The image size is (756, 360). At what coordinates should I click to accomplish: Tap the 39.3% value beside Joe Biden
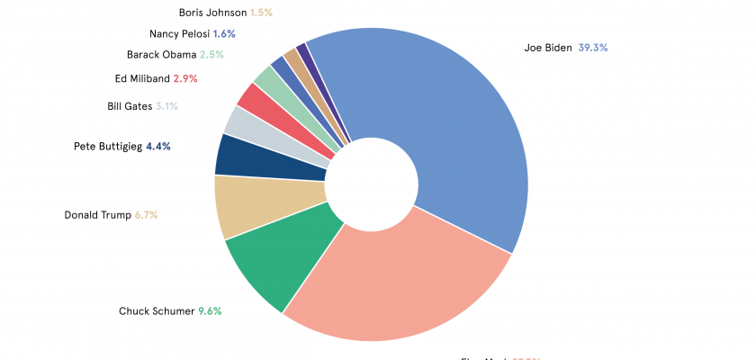(x=593, y=48)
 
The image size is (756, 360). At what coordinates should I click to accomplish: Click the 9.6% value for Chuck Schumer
(x=210, y=311)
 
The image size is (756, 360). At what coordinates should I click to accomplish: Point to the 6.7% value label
(x=147, y=215)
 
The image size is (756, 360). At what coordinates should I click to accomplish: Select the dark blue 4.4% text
(x=158, y=146)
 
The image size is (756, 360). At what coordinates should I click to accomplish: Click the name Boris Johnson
(x=212, y=13)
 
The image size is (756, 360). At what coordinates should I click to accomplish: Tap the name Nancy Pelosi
(x=179, y=34)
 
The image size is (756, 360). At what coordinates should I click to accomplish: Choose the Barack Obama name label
(x=161, y=55)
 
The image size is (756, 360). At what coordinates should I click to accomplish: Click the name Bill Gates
(x=130, y=106)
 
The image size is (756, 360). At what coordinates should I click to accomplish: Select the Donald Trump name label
(x=97, y=215)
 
